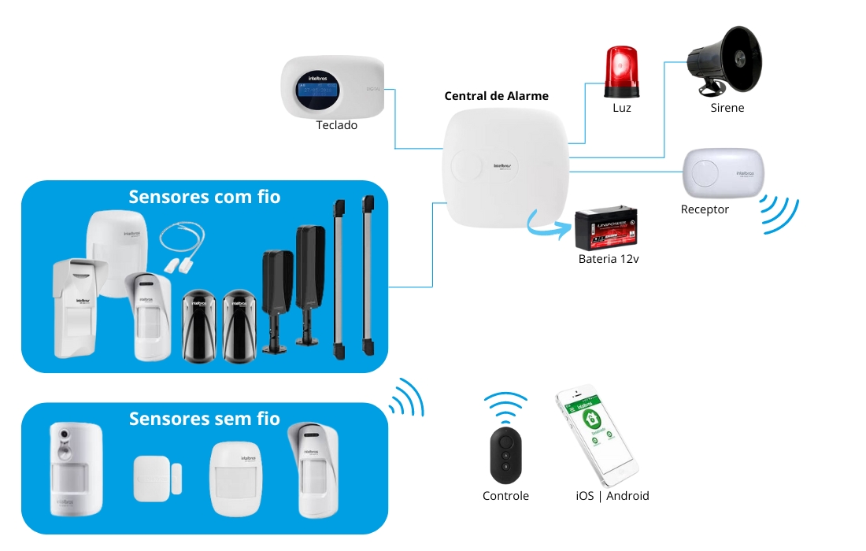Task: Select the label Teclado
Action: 336,125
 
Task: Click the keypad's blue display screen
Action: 319,93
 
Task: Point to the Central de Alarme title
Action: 496,96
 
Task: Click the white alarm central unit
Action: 504,168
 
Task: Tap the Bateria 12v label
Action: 608,259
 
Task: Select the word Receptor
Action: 705,209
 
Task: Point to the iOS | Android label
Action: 612,496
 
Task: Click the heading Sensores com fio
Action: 204,196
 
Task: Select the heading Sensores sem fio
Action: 204,418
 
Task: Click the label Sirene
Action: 727,108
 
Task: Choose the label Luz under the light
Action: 621,108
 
